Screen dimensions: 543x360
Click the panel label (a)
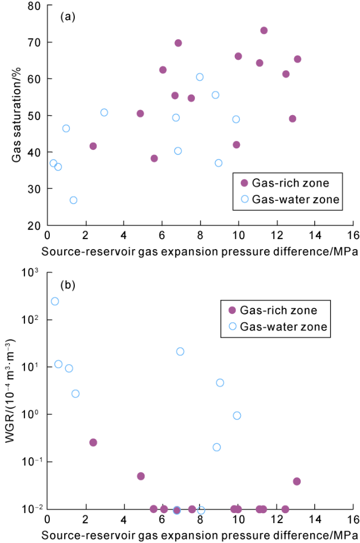pos(68,17)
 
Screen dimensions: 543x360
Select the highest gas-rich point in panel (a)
pos(264,30)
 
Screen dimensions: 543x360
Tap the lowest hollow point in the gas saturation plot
pos(73,200)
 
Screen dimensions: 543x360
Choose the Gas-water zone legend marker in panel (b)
pos(233,327)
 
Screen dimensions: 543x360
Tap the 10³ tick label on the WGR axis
pos(36,272)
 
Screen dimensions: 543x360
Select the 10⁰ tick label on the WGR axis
pos(36,415)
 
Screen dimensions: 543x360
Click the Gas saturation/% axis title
pos(17,116)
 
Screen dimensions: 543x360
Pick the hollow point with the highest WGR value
pos(55,301)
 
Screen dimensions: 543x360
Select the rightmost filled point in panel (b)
pos(297,482)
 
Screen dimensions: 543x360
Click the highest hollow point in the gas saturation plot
pos(199,77)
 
